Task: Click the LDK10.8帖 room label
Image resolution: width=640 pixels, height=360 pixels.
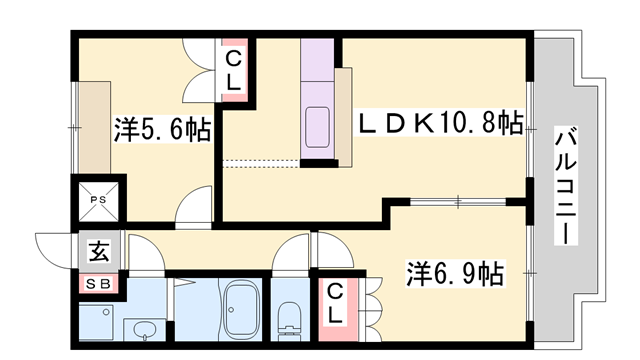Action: (441, 124)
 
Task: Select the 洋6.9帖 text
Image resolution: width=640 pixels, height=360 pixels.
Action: (454, 272)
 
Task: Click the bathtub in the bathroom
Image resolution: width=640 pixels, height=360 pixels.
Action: (240, 309)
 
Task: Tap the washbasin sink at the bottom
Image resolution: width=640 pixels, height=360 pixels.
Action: (141, 329)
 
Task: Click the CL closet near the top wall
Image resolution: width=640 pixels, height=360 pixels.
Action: (233, 71)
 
